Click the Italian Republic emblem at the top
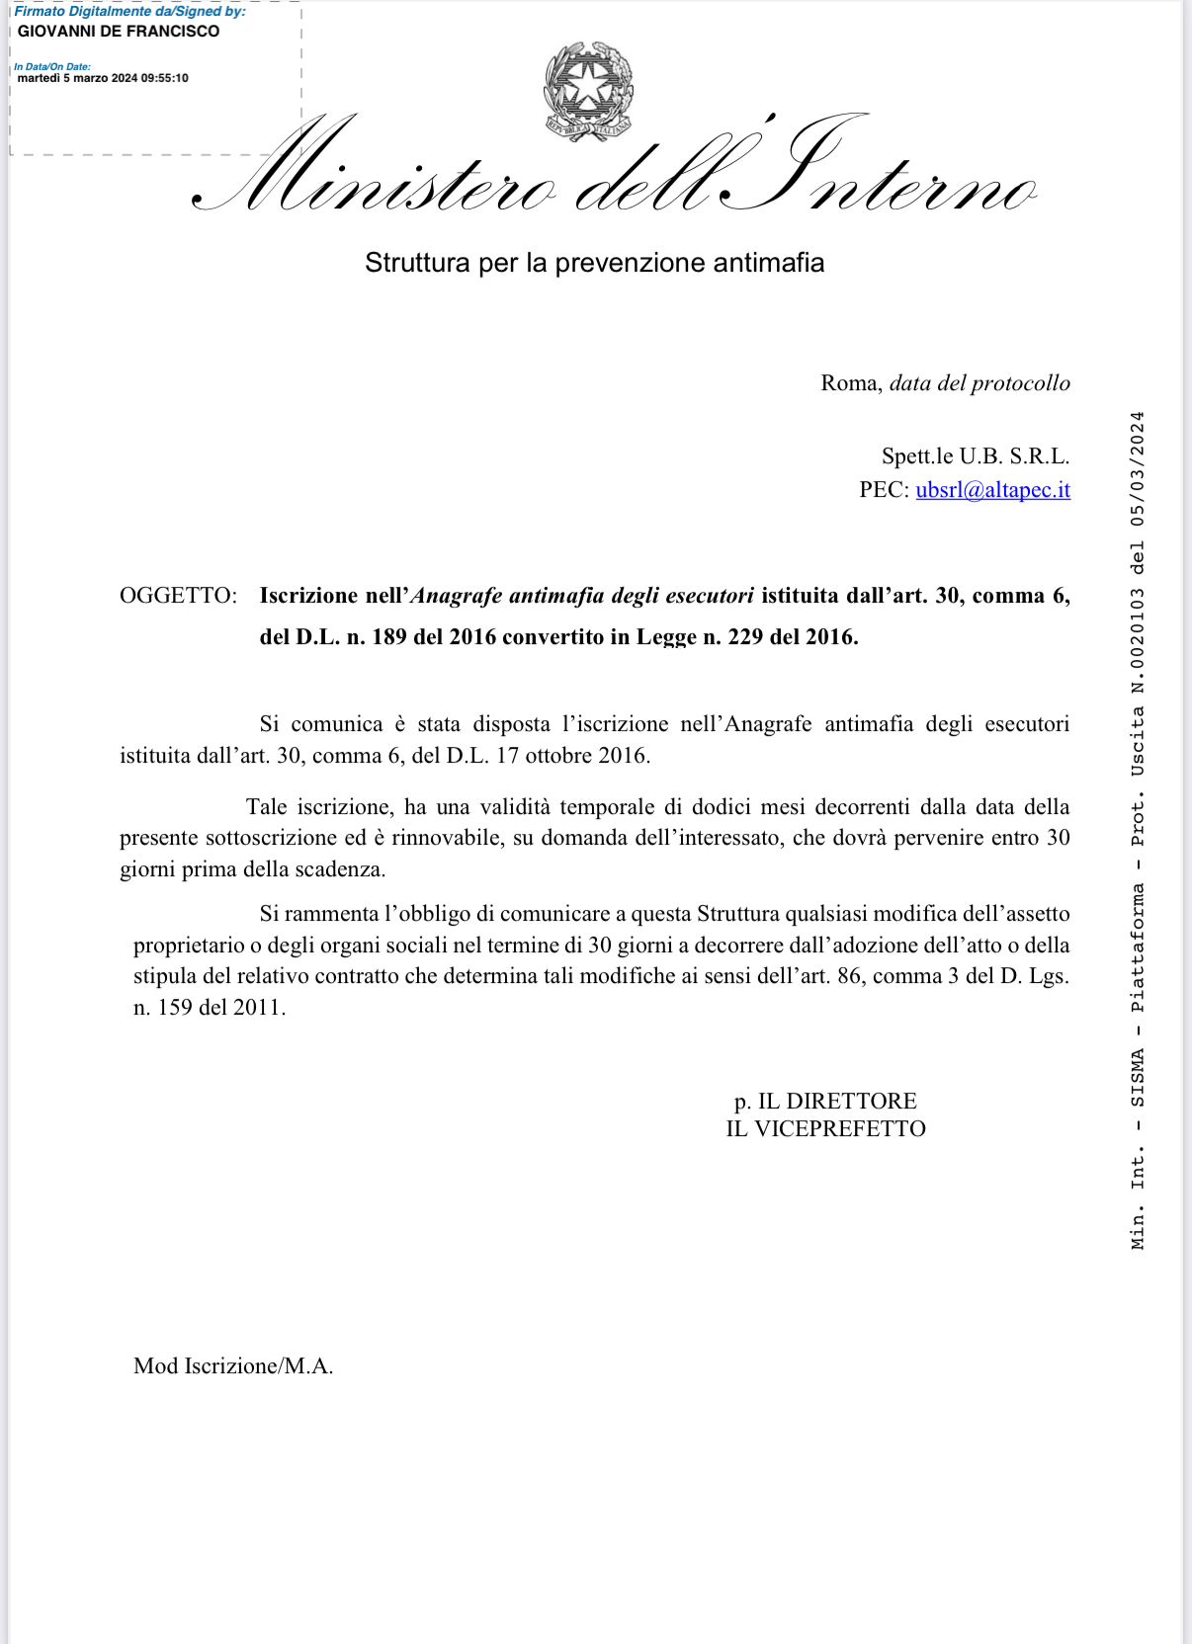coord(588,91)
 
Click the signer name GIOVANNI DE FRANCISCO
coord(119,32)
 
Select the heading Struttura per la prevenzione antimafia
coord(594,263)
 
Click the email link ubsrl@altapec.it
coord(992,490)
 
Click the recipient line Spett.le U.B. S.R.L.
coord(975,456)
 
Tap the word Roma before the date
coord(849,383)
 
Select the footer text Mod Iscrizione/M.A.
coord(233,1366)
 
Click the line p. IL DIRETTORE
coord(825,1101)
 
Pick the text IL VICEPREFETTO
coord(825,1129)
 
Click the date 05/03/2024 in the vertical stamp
coord(1138,468)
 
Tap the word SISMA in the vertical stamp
coord(1138,1077)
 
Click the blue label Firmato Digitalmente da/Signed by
coord(129,12)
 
